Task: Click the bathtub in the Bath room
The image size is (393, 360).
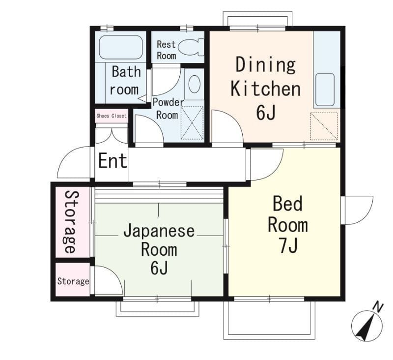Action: click(121, 47)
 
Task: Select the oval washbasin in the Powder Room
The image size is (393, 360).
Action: click(194, 84)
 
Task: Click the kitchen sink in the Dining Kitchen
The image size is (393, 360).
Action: click(325, 90)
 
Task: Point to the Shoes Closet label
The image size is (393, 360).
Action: click(112, 116)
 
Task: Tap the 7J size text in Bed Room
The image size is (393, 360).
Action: click(288, 245)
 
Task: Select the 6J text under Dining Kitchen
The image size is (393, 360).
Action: click(266, 112)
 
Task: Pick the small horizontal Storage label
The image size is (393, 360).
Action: click(73, 281)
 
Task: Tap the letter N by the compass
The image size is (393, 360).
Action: click(378, 307)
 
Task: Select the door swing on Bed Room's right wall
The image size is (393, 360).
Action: click(359, 210)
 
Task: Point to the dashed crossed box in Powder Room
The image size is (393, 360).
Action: click(192, 123)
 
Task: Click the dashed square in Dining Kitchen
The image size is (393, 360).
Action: click(324, 126)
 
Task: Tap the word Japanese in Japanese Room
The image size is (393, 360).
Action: click(159, 231)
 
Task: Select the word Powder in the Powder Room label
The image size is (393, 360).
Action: click(168, 103)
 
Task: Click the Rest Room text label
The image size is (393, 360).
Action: click(166, 50)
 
